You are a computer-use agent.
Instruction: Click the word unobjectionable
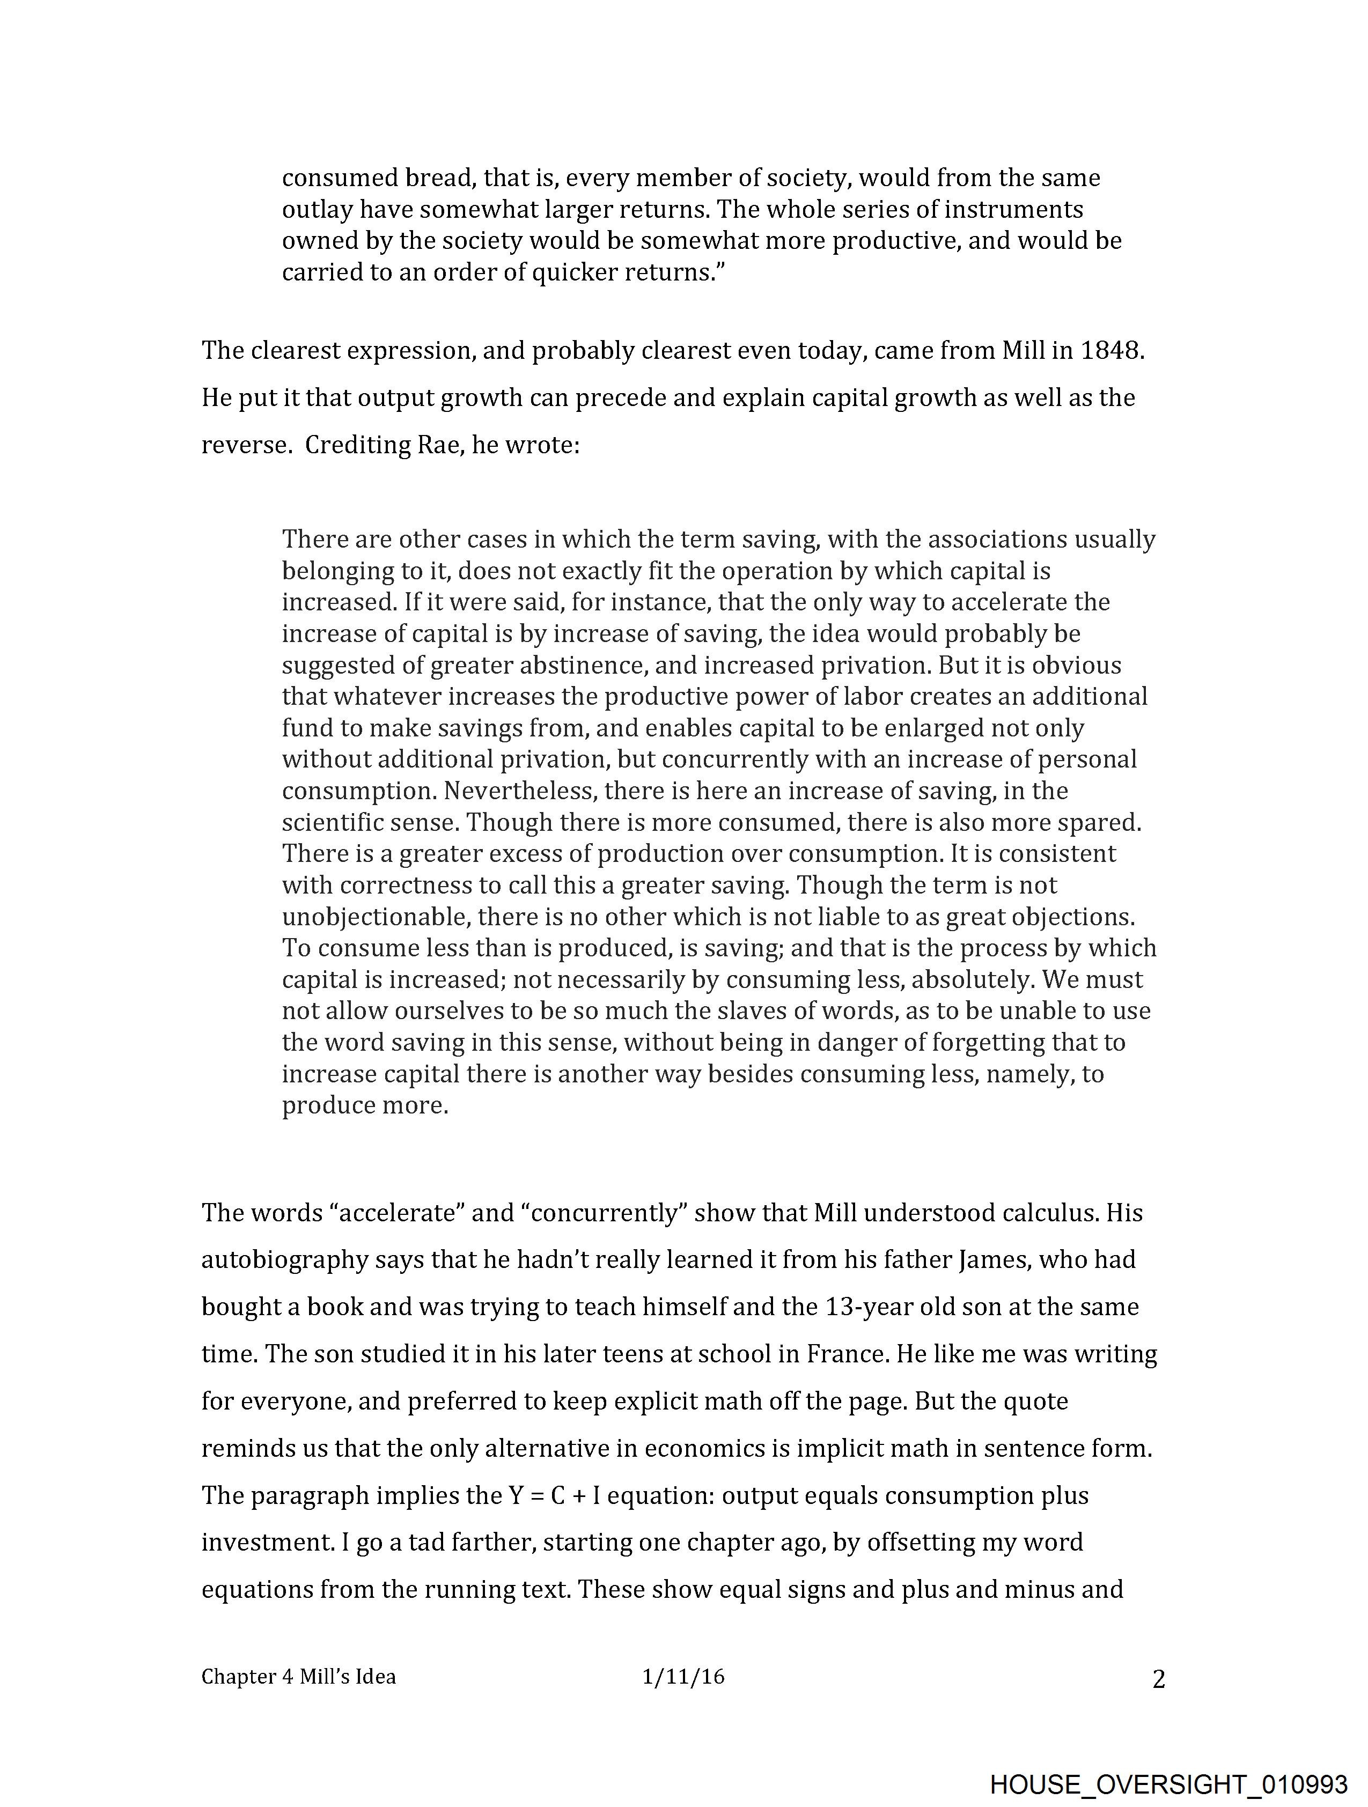coord(376,917)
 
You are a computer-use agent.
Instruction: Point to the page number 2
coord(1158,1679)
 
